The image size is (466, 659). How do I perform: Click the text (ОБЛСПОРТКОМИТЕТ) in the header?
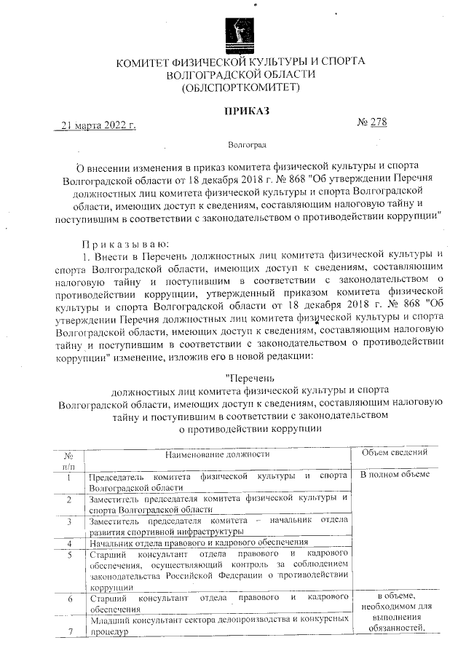[x=241, y=88]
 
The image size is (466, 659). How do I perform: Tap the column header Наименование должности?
[x=216, y=454]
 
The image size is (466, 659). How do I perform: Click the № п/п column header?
[x=68, y=459]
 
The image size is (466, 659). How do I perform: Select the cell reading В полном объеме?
[x=395, y=475]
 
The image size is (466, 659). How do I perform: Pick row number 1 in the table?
[x=68, y=478]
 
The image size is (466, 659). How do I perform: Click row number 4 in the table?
[x=68, y=543]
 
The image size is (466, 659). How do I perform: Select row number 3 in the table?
[x=68, y=522]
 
